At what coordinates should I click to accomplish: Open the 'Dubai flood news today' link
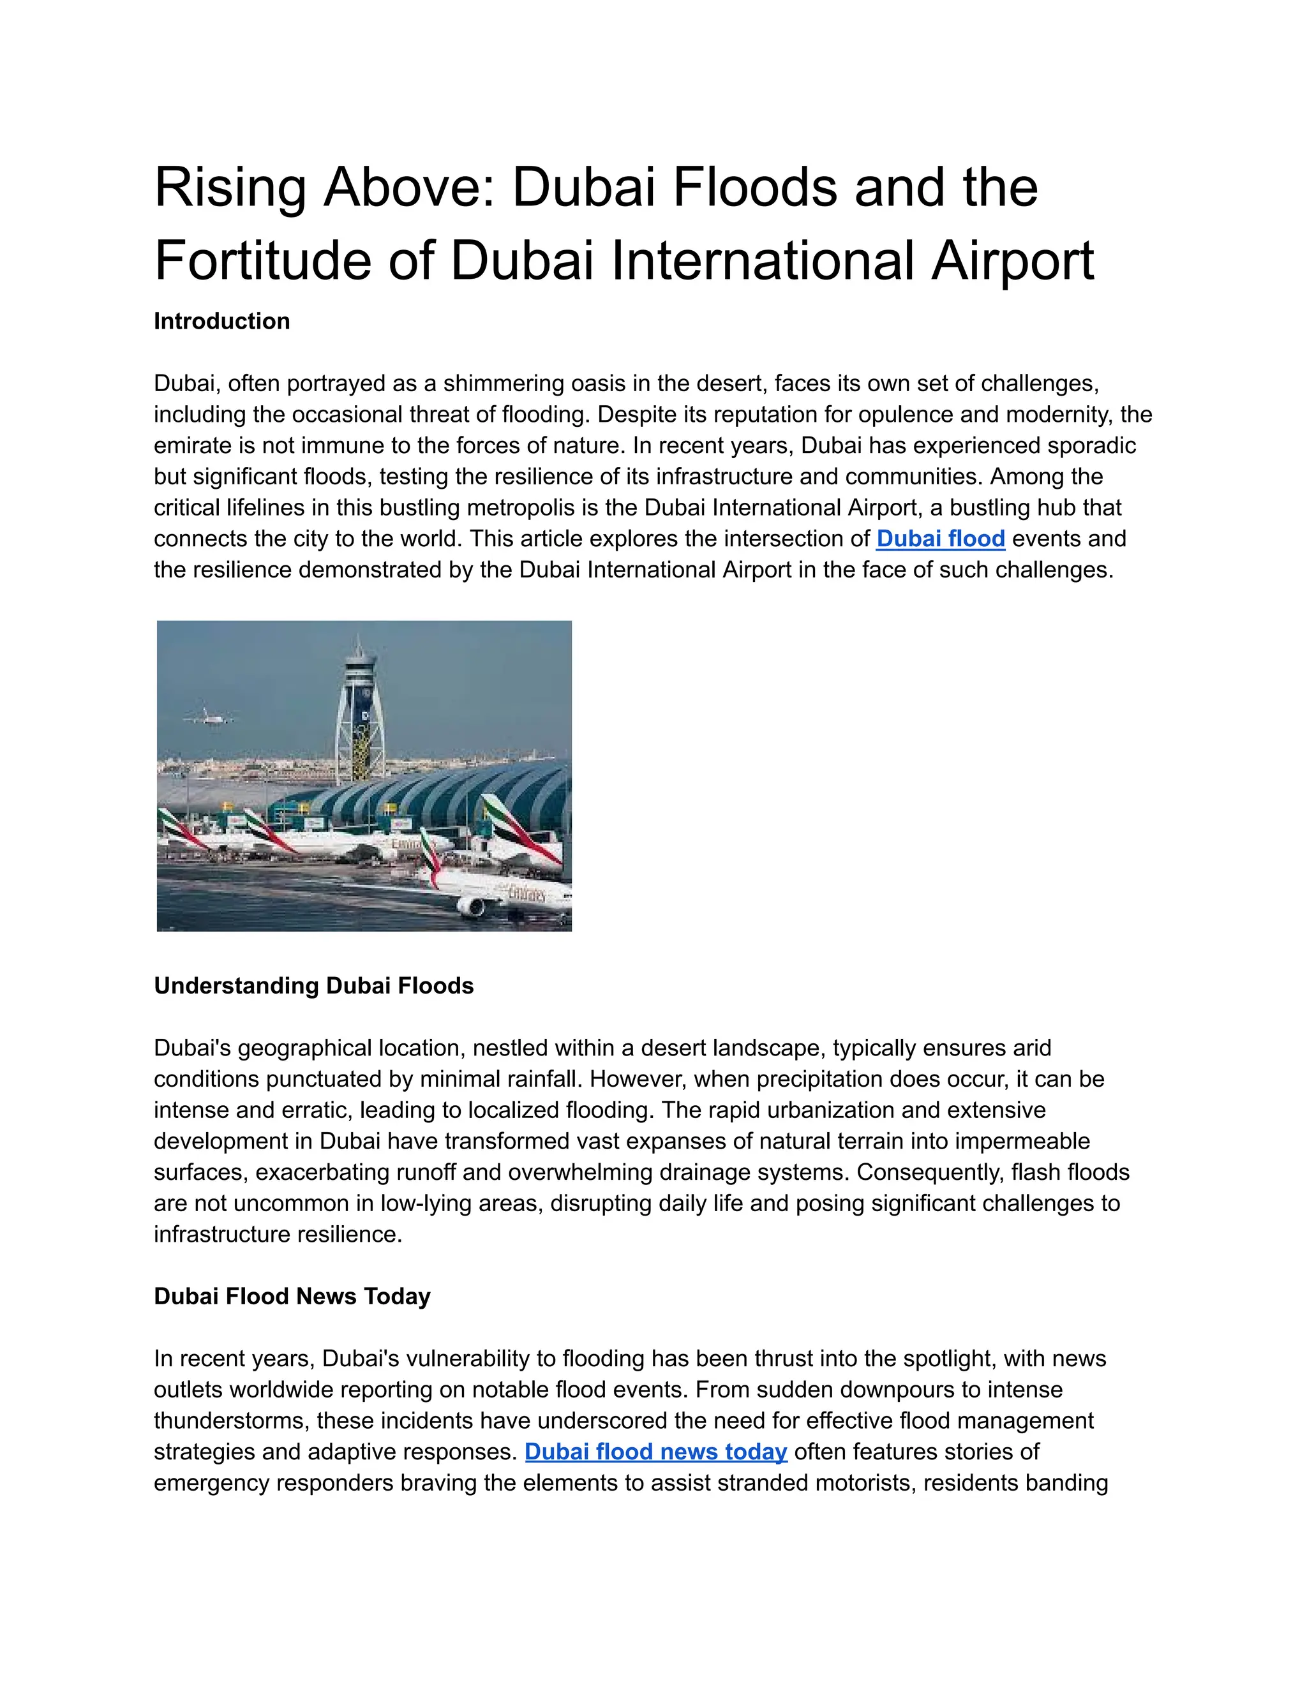tap(656, 1451)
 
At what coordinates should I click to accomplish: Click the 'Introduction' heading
tap(221, 322)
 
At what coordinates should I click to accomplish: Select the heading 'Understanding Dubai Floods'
tap(313, 986)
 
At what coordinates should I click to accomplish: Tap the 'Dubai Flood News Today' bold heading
tap(292, 1296)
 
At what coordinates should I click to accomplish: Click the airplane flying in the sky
tap(208, 716)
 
